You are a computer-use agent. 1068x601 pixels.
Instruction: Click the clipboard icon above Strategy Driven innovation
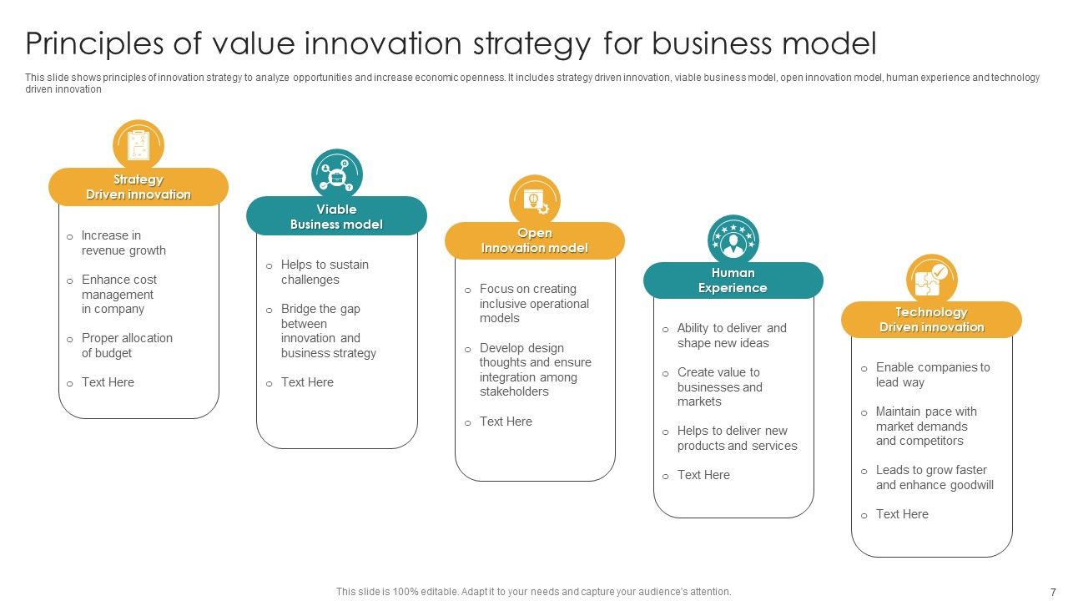pyautogui.click(x=139, y=144)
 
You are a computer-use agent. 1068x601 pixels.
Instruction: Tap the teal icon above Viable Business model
pyautogui.click(x=337, y=174)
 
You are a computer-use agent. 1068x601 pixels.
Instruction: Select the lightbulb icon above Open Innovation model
pyautogui.click(x=535, y=199)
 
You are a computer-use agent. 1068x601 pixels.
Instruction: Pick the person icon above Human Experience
pyautogui.click(x=733, y=240)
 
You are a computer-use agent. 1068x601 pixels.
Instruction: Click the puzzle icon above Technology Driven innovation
pyautogui.click(x=931, y=279)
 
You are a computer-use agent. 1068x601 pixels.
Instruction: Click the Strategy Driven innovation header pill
pyautogui.click(x=139, y=187)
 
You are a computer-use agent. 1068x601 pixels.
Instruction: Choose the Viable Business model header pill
pyautogui.click(x=336, y=217)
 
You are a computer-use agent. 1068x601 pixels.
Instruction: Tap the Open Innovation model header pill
pyautogui.click(x=535, y=240)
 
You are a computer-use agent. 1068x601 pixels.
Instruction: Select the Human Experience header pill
pyautogui.click(x=733, y=280)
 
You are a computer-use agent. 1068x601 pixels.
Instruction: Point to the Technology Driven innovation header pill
pyautogui.click(x=931, y=320)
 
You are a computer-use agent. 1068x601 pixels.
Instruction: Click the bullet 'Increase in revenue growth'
pyautogui.click(x=123, y=243)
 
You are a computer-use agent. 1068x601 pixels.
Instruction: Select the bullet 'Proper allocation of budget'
pyautogui.click(x=127, y=346)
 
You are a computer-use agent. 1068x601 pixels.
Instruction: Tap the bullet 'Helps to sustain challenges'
pyautogui.click(x=325, y=272)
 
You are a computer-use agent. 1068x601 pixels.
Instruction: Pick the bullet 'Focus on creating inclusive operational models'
pyautogui.click(x=534, y=304)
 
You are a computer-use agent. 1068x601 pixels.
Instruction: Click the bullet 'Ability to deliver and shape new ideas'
pyautogui.click(x=732, y=336)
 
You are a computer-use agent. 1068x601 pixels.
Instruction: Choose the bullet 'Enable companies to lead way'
pyautogui.click(x=932, y=375)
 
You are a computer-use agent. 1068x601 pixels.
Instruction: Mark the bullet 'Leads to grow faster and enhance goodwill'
pyautogui.click(x=934, y=477)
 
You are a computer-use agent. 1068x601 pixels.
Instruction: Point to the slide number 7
pyautogui.click(x=1052, y=591)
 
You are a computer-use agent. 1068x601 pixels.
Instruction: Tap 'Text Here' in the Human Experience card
pyautogui.click(x=703, y=475)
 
